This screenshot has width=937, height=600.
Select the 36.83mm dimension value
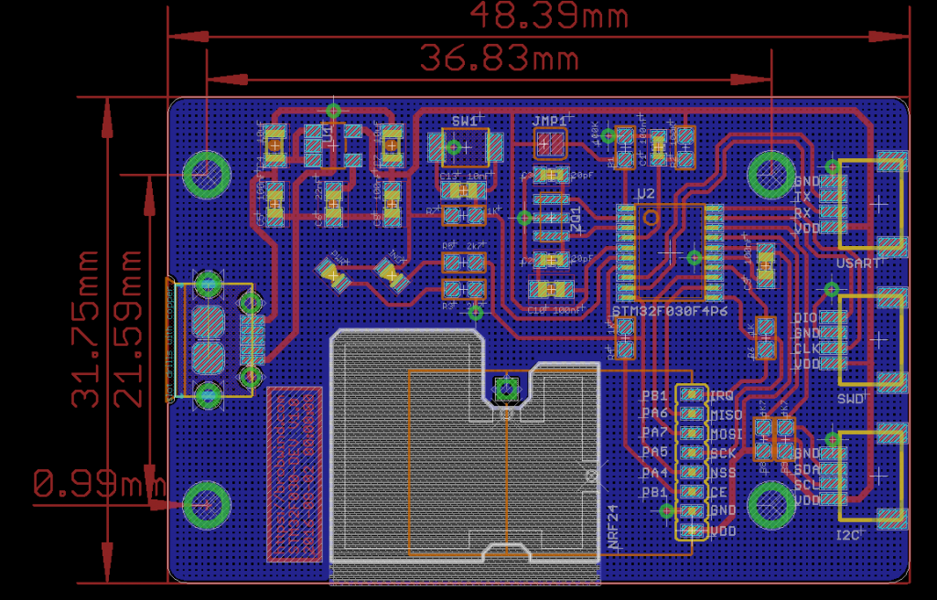coord(499,59)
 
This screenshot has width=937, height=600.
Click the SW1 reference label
coord(464,121)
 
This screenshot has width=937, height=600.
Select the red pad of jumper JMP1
coord(550,144)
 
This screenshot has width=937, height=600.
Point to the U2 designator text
coord(645,194)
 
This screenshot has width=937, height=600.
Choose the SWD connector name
coord(850,399)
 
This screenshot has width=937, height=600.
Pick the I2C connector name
coord(849,534)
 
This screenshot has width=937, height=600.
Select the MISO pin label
coord(726,414)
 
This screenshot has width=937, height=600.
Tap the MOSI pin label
coord(726,434)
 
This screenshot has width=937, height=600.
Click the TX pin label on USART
coord(802,197)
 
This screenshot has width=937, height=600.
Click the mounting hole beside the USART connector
coord(770,174)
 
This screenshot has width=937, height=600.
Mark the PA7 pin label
coord(654,433)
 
